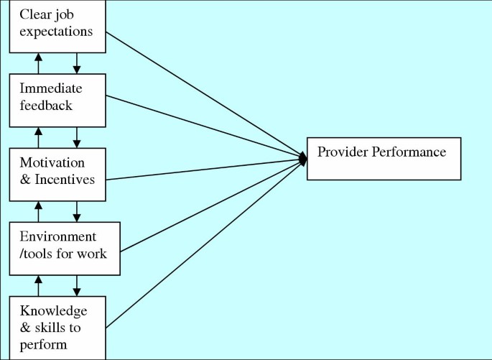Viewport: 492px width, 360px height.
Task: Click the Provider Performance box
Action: coord(384,158)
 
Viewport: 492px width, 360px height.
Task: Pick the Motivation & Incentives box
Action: coord(57,174)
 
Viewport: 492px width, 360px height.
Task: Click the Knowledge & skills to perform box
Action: coord(57,327)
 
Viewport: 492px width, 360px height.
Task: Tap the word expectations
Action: coord(56,32)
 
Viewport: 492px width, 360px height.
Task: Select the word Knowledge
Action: coord(53,311)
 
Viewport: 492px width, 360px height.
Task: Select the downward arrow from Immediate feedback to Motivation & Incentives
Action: coord(77,137)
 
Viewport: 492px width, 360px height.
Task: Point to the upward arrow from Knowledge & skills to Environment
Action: coord(38,285)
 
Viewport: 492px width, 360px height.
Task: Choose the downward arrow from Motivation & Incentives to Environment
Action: coord(77,211)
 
